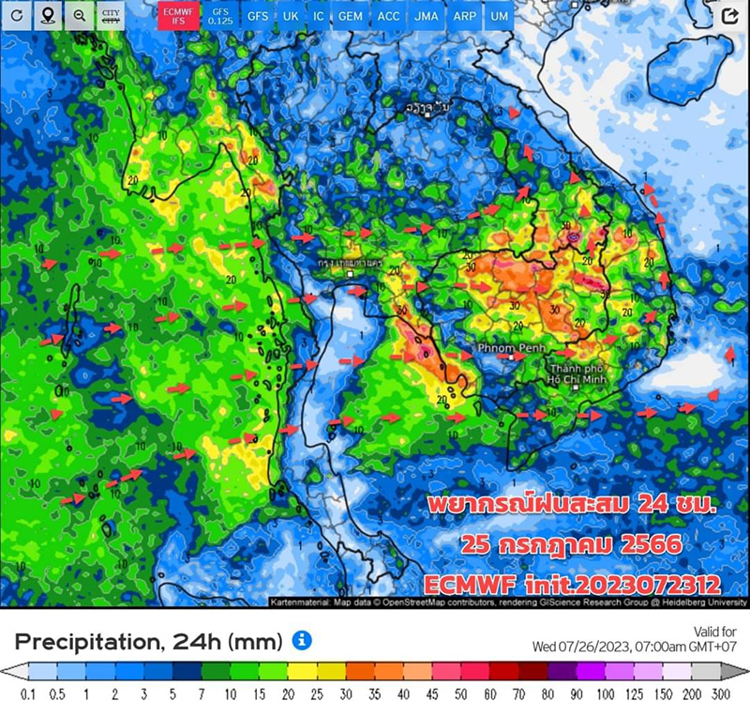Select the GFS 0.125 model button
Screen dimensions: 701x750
[x=220, y=16]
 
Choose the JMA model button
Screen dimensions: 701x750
[x=426, y=17]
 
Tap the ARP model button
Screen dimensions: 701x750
[x=463, y=17]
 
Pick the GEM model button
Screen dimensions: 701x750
[x=351, y=17]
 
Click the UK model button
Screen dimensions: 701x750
[x=291, y=17]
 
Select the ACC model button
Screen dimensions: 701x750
[x=388, y=17]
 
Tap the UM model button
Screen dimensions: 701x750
[x=500, y=17]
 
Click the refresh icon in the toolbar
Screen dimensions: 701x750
[x=17, y=16]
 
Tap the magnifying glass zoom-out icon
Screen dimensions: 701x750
[x=80, y=16]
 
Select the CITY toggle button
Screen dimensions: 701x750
[x=112, y=16]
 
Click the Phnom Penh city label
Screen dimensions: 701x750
[x=504, y=348]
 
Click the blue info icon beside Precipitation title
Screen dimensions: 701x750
[x=301, y=641]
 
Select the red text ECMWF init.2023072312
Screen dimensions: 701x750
[x=571, y=582]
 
